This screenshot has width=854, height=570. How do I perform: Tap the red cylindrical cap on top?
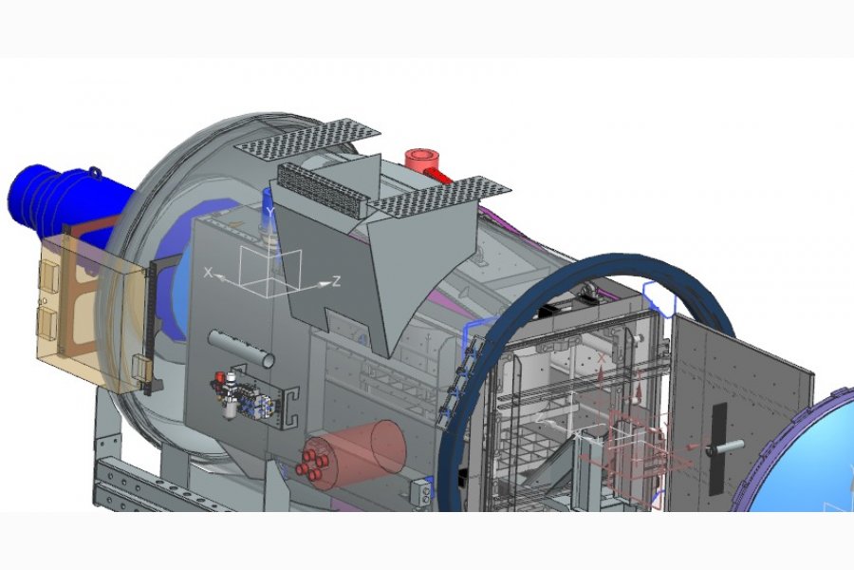click(x=422, y=159)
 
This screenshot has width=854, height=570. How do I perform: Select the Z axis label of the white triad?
click(x=337, y=281)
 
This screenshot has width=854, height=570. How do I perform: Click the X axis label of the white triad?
click(x=208, y=272)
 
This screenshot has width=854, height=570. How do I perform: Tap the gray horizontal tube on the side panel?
click(x=241, y=348)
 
